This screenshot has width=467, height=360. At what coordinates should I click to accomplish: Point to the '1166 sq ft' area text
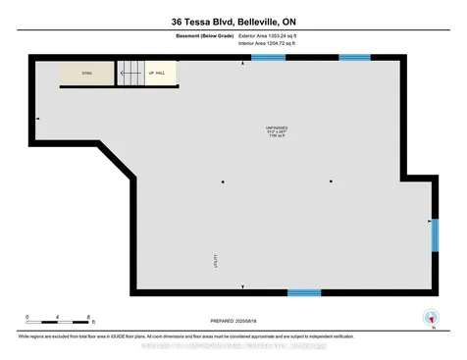[276, 138]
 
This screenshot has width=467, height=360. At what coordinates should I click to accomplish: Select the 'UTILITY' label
[215, 260]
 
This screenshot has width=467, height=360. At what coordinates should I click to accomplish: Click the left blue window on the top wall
[268, 58]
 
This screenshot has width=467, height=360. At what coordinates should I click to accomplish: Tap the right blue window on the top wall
[355, 58]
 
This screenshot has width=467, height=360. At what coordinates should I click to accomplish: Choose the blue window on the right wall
[435, 235]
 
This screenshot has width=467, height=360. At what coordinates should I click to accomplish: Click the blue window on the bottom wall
[303, 292]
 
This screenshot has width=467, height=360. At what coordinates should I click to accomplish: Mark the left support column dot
[224, 181]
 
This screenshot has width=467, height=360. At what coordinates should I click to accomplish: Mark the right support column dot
[331, 181]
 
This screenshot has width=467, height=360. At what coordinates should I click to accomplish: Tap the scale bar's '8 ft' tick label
[89, 316]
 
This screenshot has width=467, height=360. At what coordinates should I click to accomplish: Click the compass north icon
[429, 317]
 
